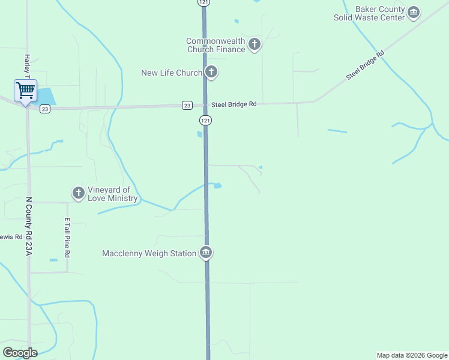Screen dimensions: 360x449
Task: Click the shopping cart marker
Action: [25, 91]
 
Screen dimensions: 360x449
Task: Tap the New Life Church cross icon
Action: [211, 73]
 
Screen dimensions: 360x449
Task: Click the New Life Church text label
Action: [172, 73]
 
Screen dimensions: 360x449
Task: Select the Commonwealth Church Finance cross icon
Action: [255, 44]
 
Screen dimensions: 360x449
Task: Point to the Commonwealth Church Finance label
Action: [215, 45]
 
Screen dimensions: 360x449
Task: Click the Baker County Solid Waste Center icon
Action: [413, 13]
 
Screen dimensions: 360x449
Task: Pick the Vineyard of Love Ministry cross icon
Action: [78, 193]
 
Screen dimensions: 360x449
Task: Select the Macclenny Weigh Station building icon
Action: [206, 253]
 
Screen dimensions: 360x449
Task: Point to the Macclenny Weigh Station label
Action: [149, 254]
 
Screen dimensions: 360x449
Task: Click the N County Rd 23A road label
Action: [28, 227]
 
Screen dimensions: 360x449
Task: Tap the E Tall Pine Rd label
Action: [68, 237]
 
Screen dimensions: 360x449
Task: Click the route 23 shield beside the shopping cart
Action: [45, 109]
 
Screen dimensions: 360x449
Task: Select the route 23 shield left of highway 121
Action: [187, 105]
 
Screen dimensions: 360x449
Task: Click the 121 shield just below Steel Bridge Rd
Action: [205, 121]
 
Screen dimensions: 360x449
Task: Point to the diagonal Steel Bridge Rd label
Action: [365, 66]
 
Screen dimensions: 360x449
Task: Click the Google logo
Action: [20, 353]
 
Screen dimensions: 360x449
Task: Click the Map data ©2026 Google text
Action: [412, 355]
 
